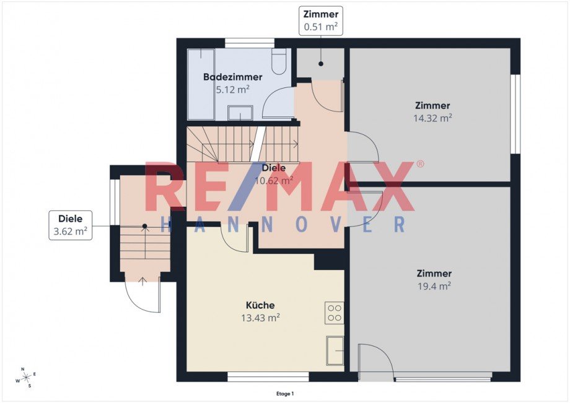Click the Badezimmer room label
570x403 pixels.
(232, 77)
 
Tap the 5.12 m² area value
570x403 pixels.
(232, 89)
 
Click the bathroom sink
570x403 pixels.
(240, 113)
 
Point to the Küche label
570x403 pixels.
(260, 305)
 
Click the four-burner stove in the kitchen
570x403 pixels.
(335, 313)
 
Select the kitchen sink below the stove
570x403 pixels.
(335, 351)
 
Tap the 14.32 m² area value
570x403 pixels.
(432, 118)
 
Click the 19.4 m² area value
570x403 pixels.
(434, 285)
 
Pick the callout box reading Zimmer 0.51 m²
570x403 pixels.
(321, 20)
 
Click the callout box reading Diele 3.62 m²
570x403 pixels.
(71, 225)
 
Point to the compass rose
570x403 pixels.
(25, 377)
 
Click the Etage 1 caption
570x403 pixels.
(285, 393)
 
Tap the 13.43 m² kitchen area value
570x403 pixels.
(260, 318)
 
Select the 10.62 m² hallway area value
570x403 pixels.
(274, 181)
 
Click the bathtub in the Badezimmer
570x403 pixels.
(201, 84)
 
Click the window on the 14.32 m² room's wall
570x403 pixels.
(515, 114)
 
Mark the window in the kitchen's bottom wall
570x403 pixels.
(268, 376)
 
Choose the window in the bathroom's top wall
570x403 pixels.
(249, 43)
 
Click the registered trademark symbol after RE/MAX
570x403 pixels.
(420, 164)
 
